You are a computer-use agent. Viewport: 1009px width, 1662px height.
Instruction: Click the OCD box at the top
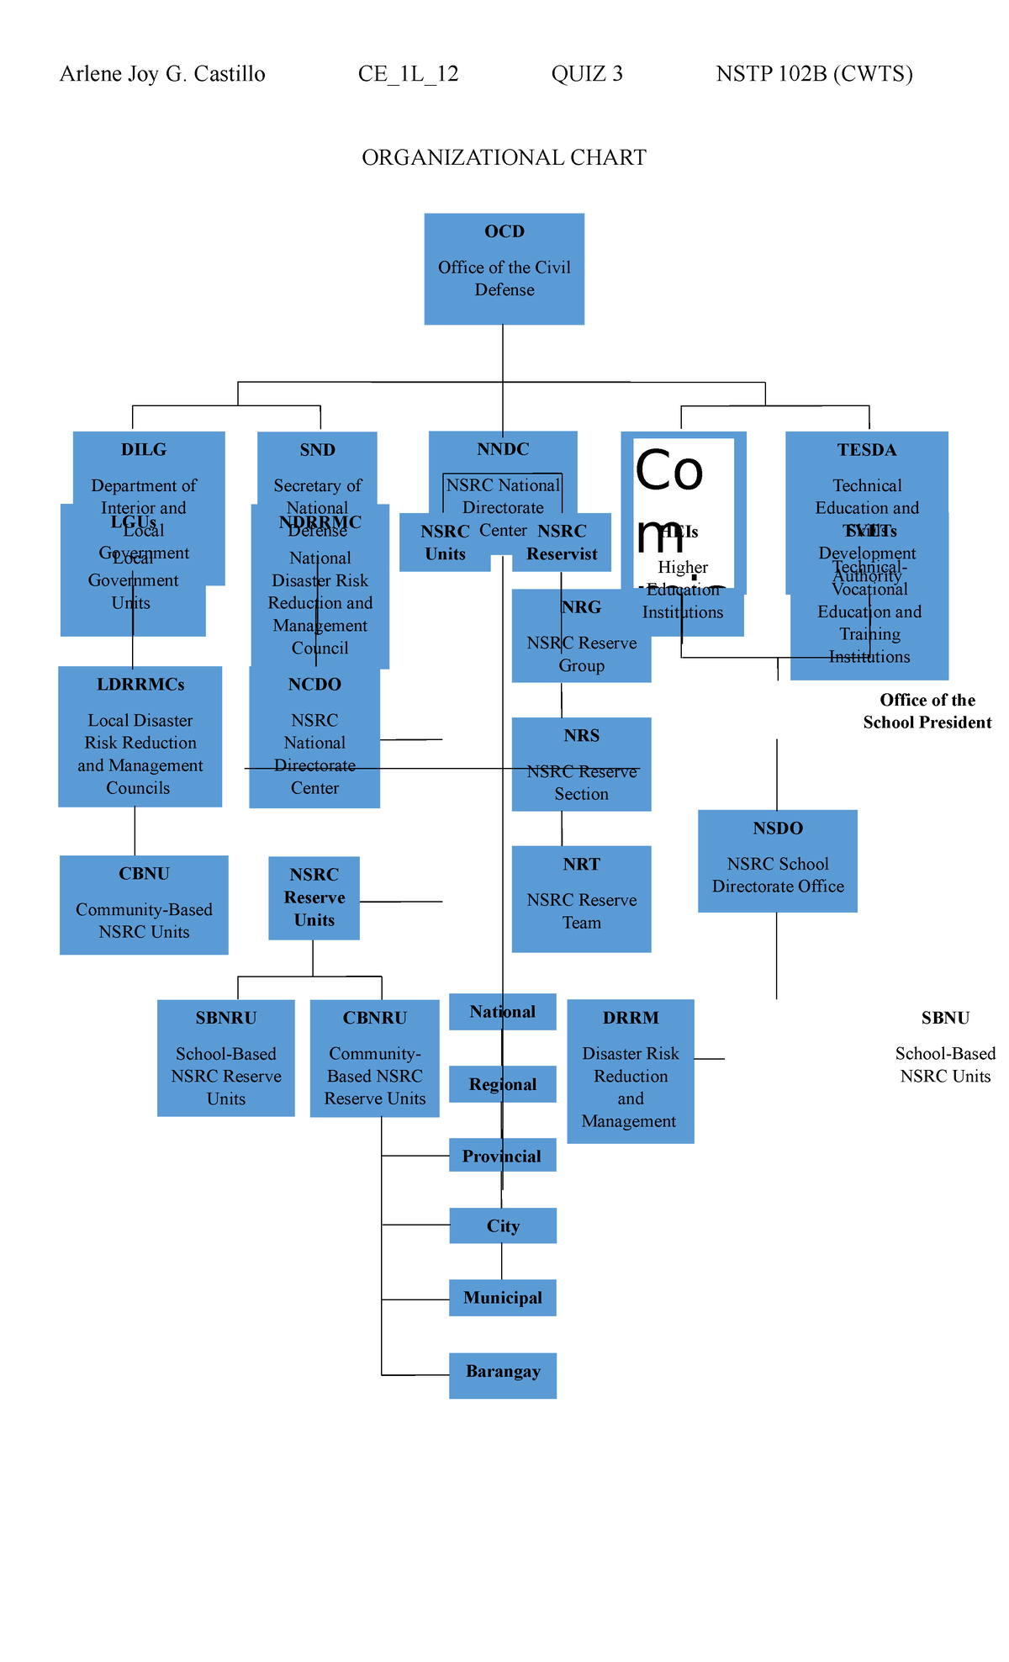[x=504, y=268]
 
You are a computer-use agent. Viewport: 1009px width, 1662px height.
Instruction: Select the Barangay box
[x=503, y=1375]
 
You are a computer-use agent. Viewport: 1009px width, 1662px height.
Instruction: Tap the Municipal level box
[x=503, y=1298]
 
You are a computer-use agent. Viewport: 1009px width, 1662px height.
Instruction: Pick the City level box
[x=503, y=1225]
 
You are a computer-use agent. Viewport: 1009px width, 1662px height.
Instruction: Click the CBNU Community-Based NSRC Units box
[x=144, y=905]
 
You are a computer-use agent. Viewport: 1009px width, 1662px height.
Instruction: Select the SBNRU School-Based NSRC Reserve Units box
[x=226, y=1058]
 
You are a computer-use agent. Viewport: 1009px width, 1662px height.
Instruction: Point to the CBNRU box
[x=375, y=1058]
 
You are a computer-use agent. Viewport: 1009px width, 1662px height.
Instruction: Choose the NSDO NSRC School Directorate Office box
[x=778, y=860]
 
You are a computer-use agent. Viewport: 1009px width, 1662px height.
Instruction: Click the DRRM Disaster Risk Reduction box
[x=631, y=1071]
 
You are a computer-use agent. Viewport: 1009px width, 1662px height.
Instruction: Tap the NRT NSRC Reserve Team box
[x=581, y=898]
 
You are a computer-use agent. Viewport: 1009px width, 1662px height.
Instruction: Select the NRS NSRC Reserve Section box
[x=581, y=764]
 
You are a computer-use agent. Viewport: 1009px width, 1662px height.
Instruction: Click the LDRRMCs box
[x=140, y=736]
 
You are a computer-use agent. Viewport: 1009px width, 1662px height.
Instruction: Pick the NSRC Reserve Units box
[x=314, y=897]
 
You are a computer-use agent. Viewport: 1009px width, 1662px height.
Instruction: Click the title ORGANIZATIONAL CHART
[x=504, y=158]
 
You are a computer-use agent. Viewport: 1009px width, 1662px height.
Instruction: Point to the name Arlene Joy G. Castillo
[x=162, y=74]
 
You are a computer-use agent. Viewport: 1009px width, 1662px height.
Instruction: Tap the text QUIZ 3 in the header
[x=587, y=74]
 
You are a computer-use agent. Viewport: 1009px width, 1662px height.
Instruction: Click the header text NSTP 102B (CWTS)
[x=814, y=74]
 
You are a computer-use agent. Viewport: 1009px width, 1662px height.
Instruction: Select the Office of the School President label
[x=927, y=711]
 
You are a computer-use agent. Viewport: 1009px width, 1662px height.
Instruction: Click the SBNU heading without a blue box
[x=945, y=1019]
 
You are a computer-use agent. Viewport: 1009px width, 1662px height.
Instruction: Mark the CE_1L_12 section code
[x=408, y=74]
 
